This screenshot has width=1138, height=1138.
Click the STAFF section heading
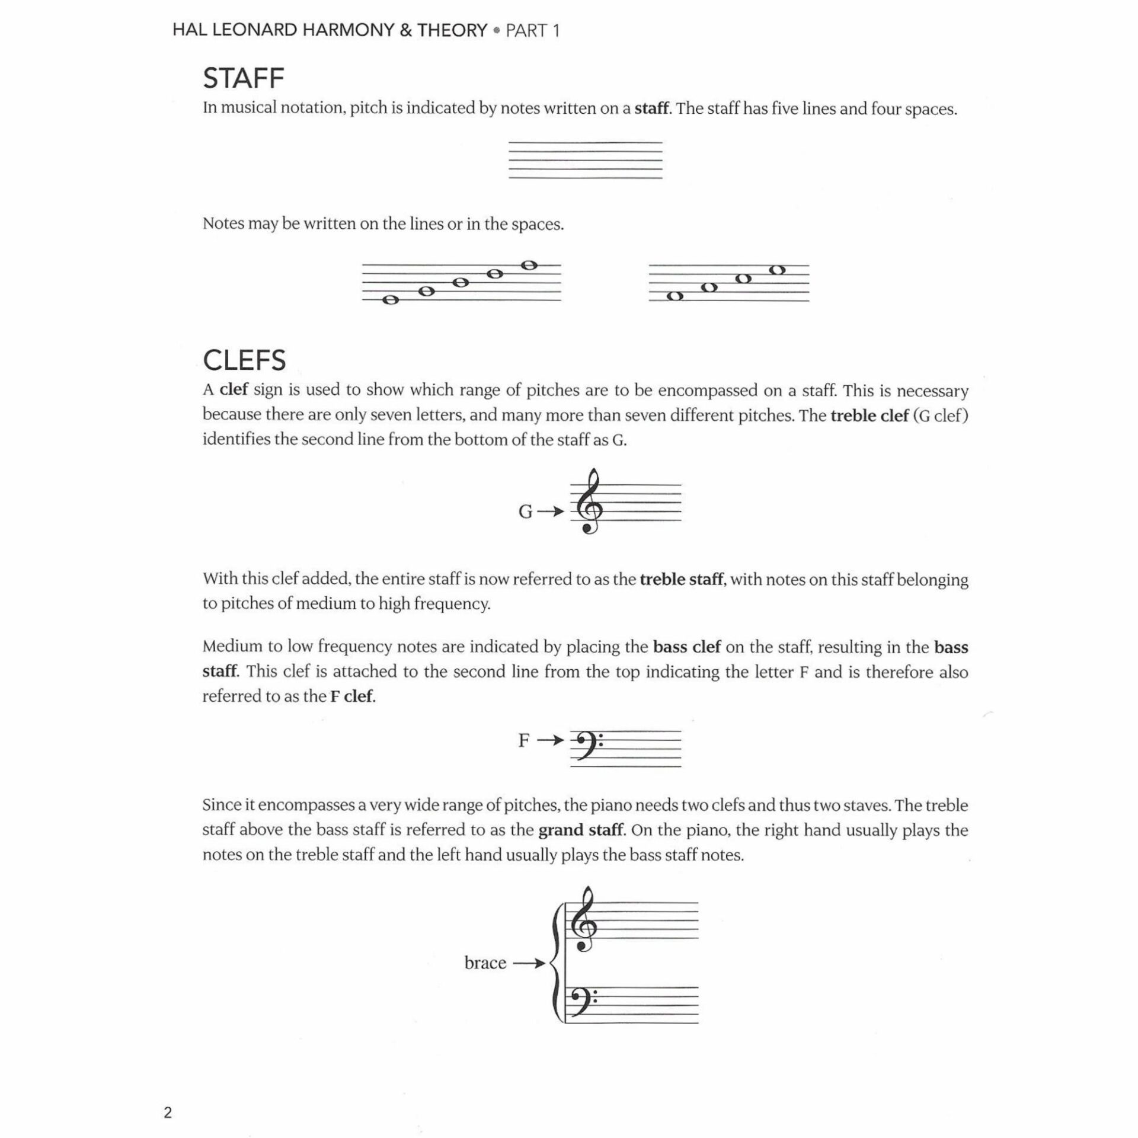point(244,78)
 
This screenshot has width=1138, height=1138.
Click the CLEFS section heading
point(244,360)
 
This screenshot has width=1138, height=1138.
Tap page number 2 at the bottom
point(168,1113)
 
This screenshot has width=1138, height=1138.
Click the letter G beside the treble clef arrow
point(525,512)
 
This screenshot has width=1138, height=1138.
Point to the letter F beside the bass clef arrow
point(524,740)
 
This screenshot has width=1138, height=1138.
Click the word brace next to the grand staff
point(485,963)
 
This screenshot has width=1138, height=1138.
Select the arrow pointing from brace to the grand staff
point(529,963)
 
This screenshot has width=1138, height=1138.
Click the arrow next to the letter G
point(551,511)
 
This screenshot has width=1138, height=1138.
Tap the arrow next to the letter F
point(551,740)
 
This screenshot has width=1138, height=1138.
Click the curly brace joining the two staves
point(555,964)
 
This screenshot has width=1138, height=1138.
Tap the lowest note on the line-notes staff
point(390,300)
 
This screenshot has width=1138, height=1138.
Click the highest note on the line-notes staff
point(529,265)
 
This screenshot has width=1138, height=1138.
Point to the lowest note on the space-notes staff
point(675,296)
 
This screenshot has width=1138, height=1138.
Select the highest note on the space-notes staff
point(778,270)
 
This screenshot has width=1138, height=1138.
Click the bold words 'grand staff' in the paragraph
point(580,830)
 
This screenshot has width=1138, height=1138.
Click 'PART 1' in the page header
point(532,31)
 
